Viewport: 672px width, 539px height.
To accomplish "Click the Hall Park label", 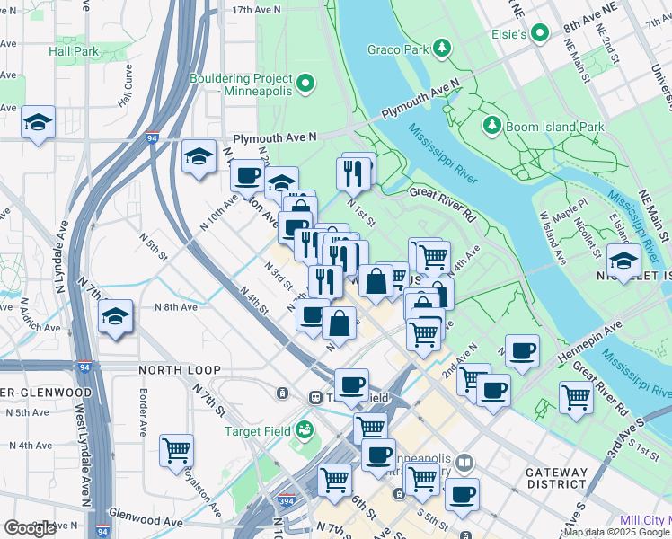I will tap(74, 51).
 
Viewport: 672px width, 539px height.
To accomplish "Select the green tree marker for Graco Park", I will tap(441, 47).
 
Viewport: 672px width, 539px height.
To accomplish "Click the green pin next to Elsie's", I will tap(539, 33).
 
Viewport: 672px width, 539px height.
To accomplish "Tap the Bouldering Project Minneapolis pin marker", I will tap(305, 85).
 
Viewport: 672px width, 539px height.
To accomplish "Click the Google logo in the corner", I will tap(30, 528).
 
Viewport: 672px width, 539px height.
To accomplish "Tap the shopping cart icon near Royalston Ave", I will tap(177, 448).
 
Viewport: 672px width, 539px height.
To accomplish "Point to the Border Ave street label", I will tap(143, 410).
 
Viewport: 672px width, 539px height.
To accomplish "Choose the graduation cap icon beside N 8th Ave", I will tap(116, 316).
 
